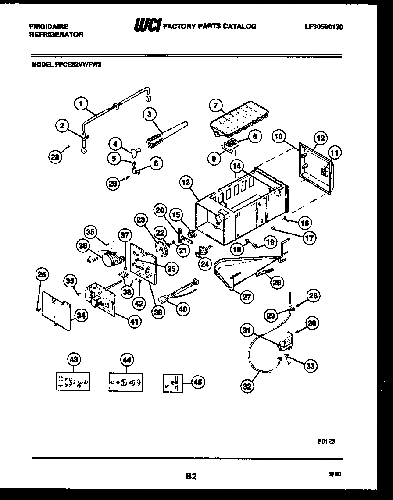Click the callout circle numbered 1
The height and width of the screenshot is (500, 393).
(x=80, y=104)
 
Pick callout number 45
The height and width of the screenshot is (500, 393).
(x=198, y=383)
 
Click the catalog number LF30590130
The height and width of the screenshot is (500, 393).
(x=324, y=27)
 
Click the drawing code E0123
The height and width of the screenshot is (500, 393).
(x=326, y=442)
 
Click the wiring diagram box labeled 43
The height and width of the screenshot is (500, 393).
(x=73, y=381)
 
